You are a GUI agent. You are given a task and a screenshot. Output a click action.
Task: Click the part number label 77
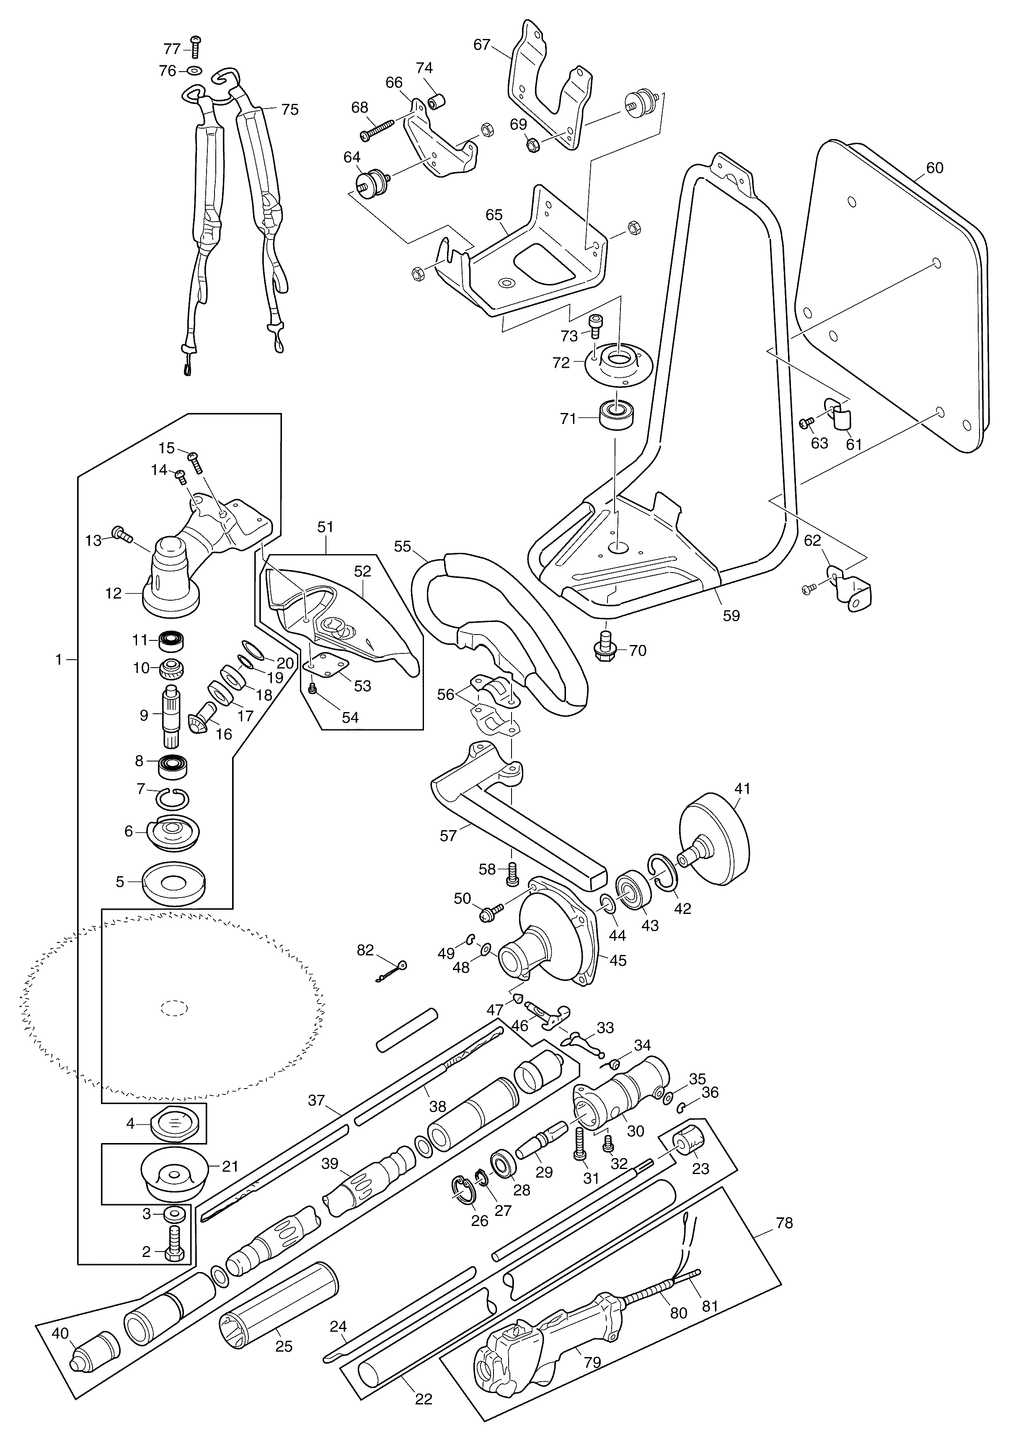click(172, 49)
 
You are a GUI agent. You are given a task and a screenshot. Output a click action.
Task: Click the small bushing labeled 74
click(437, 101)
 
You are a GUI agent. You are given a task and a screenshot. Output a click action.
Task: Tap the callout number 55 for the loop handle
click(402, 546)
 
